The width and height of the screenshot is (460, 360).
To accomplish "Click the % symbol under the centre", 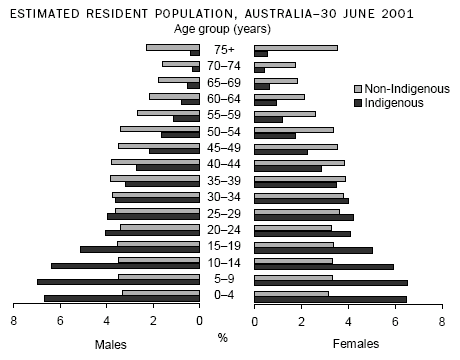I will [x=223, y=337].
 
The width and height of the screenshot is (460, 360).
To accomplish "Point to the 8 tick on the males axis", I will [x=14, y=320].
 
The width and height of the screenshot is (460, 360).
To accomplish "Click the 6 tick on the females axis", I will [x=395, y=320].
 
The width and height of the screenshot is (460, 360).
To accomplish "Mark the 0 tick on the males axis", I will [x=199, y=320].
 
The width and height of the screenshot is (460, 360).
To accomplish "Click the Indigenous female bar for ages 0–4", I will [x=330, y=299].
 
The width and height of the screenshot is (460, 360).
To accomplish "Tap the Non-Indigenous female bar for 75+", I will [x=296, y=47].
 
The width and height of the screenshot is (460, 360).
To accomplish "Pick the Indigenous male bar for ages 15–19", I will [x=139, y=249].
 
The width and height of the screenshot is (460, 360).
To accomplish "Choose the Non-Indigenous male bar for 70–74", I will [x=180, y=63].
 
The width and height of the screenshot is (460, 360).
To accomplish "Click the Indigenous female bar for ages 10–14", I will [x=324, y=266].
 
